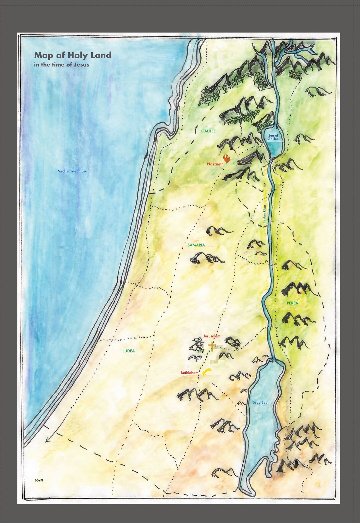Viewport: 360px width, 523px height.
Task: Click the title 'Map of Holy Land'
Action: (x=73, y=55)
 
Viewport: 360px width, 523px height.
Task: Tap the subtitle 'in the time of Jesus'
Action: (x=61, y=65)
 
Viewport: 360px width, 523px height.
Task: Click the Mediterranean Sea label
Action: (x=72, y=171)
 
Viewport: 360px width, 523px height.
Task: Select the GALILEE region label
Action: (x=208, y=131)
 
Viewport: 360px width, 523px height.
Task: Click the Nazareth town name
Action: (x=215, y=164)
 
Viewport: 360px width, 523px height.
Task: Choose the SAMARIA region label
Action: (x=196, y=245)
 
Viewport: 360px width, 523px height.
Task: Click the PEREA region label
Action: (x=292, y=303)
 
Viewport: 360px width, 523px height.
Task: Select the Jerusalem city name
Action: (x=212, y=336)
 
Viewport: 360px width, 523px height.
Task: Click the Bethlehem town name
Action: (x=189, y=373)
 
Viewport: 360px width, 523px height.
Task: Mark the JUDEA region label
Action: (x=129, y=351)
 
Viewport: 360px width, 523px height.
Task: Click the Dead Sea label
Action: (x=260, y=403)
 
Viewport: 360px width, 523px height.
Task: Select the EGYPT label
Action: (x=39, y=480)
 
